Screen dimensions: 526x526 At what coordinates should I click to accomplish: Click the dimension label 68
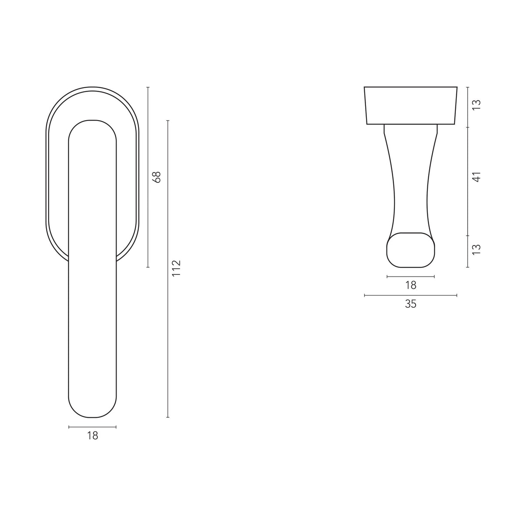tap(157, 177)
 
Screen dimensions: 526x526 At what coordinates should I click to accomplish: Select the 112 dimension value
tap(176, 268)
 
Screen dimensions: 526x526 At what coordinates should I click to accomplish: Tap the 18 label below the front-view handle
tap(92, 436)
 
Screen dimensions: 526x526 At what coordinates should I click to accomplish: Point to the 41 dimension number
tap(476, 177)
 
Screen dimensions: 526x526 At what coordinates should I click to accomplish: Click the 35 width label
tap(411, 304)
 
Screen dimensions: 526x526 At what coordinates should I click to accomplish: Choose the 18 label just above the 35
tap(411, 285)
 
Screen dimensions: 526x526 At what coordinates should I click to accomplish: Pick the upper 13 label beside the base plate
tap(476, 105)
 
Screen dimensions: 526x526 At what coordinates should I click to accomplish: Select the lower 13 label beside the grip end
tap(476, 249)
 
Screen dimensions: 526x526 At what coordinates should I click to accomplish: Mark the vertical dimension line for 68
tap(148, 177)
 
